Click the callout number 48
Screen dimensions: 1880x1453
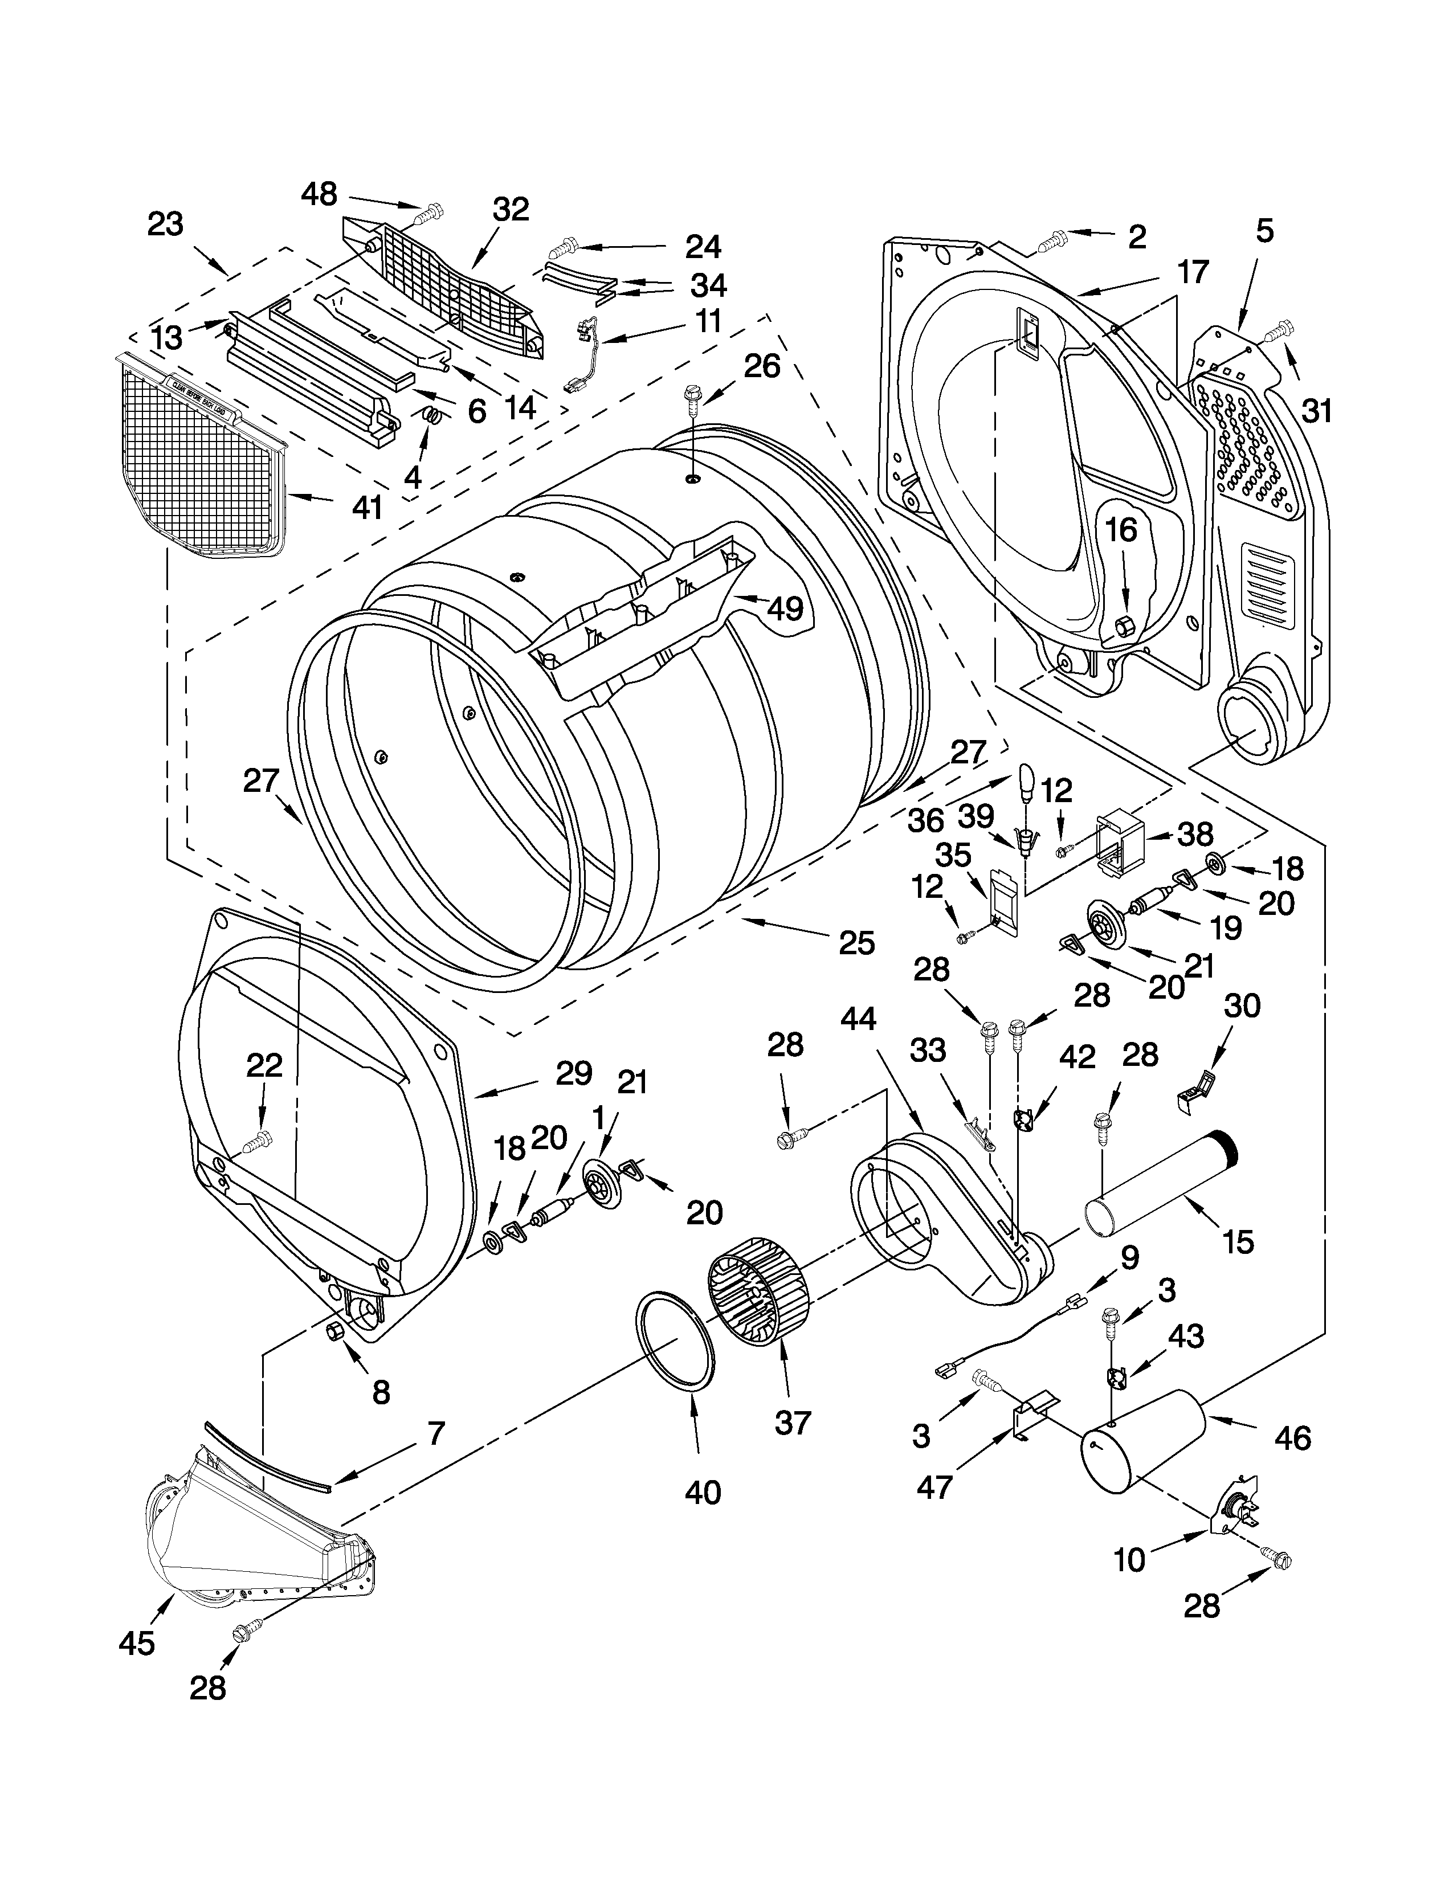click(319, 194)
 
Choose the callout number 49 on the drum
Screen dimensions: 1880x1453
click(784, 608)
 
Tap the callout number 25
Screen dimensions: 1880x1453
click(856, 943)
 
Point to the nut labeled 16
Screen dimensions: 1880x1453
click(1123, 625)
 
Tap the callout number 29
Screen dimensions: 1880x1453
click(574, 1073)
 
